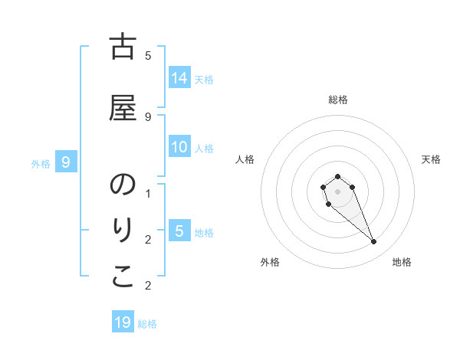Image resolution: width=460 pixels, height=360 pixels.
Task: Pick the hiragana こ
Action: tap(123, 278)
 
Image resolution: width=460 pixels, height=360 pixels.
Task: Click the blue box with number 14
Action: tap(179, 77)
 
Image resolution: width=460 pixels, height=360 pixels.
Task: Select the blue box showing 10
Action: tap(179, 147)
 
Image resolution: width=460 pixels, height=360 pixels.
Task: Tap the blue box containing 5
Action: tap(179, 231)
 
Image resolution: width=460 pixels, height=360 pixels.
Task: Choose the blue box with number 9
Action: tap(67, 162)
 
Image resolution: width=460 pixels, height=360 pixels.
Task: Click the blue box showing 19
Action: tap(123, 322)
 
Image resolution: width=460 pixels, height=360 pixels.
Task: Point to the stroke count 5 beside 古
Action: tap(148, 55)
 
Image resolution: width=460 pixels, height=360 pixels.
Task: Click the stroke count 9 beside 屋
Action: tap(148, 116)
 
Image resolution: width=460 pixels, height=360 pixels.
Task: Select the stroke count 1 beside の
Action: tap(148, 194)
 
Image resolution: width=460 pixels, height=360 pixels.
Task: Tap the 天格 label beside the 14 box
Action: tap(204, 79)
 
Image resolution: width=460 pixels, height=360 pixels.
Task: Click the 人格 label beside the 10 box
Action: tap(204, 149)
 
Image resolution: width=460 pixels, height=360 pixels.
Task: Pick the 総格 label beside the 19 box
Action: tap(147, 324)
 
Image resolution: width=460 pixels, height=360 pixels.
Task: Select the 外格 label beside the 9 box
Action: tap(41, 164)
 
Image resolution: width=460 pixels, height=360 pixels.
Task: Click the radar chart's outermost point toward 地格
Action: tap(373, 242)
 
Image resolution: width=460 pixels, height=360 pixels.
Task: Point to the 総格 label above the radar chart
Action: tap(337, 100)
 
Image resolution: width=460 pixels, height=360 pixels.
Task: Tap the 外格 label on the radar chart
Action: tap(270, 262)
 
